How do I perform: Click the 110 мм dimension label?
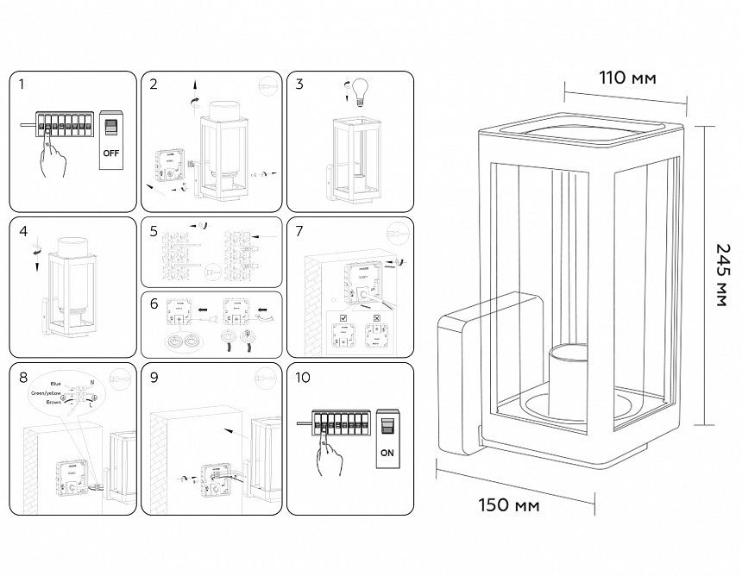[627, 78]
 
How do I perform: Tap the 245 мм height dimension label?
[721, 274]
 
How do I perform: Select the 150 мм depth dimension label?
[509, 504]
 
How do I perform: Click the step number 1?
[22, 85]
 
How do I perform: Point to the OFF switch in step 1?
[110, 139]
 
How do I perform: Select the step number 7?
[299, 232]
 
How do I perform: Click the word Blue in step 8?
[56, 382]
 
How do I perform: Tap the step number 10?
[303, 378]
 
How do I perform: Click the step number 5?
[154, 232]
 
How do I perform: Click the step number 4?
[22, 232]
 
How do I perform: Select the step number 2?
[154, 85]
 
